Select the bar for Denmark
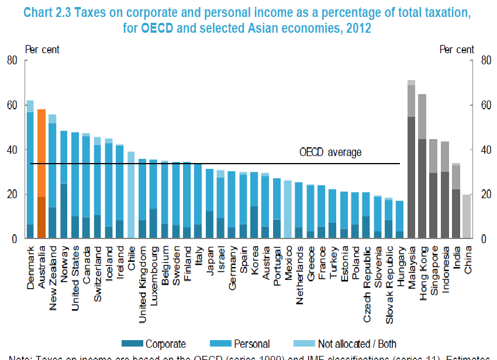(x=30, y=169)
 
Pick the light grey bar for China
(x=467, y=216)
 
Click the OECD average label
(x=330, y=153)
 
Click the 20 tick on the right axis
(x=484, y=194)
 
